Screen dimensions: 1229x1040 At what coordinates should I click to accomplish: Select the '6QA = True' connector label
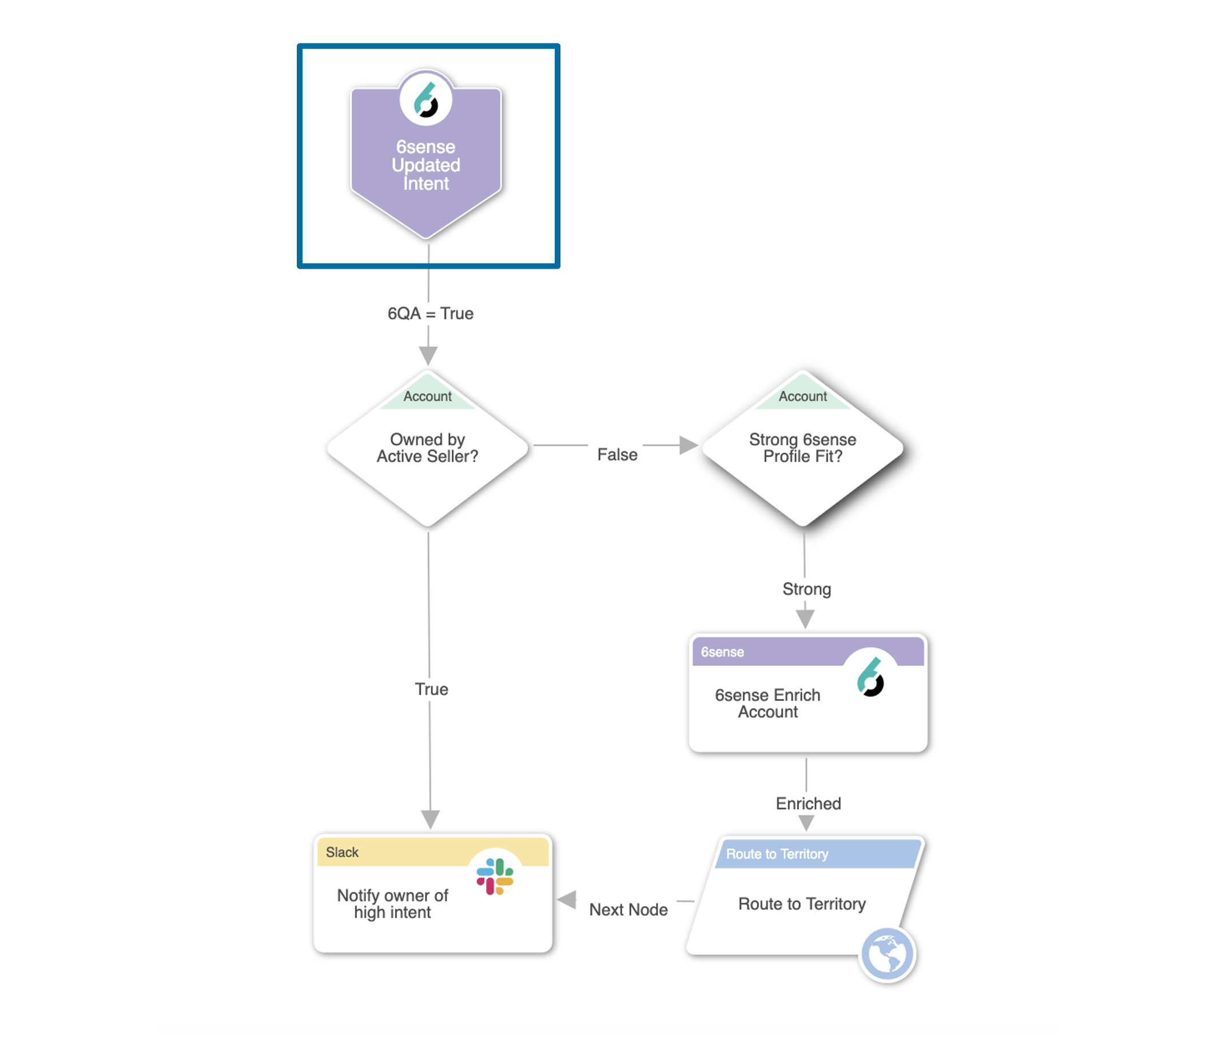[430, 313]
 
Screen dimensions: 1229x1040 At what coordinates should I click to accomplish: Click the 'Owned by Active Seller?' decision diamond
[428, 448]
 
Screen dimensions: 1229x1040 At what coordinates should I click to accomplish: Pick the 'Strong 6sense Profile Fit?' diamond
[802, 448]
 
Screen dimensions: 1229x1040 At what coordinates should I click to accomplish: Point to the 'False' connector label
[617, 455]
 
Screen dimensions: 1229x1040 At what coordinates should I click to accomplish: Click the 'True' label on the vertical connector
[431, 689]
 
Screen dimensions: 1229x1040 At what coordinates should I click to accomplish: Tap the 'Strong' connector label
[806, 589]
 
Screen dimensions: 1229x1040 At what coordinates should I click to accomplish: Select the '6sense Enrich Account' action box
[808, 694]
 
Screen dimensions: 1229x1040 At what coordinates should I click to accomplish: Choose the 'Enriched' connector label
[808, 803]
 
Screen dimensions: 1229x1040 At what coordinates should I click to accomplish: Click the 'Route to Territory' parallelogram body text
[802, 904]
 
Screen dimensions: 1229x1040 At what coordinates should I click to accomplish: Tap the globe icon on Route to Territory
[887, 954]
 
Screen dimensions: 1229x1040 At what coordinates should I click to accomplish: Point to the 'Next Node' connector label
[628, 910]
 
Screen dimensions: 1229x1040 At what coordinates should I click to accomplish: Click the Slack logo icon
[495, 876]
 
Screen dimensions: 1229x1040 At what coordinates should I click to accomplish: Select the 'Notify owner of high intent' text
[392, 904]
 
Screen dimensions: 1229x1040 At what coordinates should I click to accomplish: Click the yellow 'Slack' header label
[342, 852]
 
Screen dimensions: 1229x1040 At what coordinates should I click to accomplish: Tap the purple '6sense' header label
[722, 652]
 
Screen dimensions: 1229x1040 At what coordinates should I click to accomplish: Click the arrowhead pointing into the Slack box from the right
[567, 900]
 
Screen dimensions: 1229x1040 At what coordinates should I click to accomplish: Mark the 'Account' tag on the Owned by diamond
[428, 396]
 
